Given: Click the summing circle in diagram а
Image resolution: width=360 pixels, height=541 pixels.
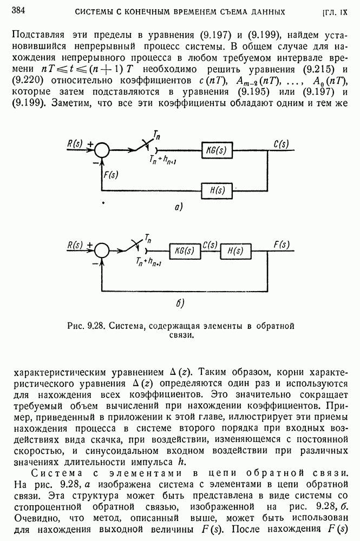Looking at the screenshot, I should pos(103,150).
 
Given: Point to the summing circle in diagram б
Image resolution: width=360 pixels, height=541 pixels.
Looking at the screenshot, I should pos(102,250).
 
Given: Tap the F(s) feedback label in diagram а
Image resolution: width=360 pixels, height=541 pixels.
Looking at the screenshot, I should pos(110,174).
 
